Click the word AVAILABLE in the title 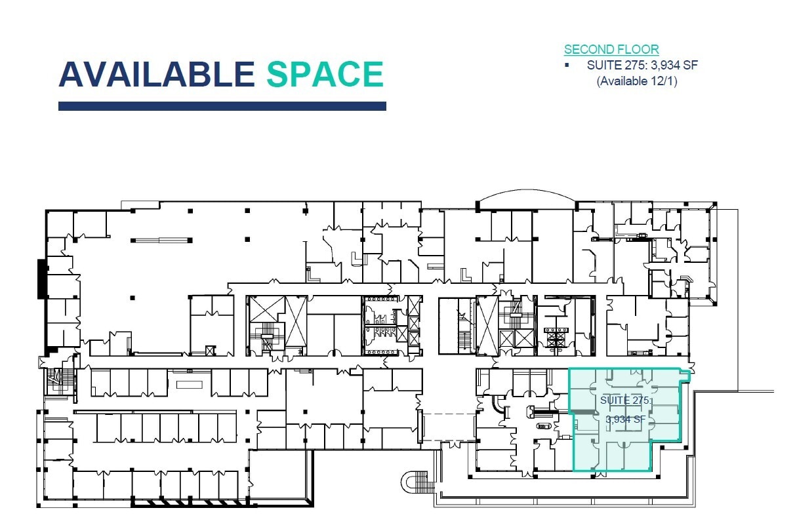click(156, 74)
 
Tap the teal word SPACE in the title click(325, 74)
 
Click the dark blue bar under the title click(222, 106)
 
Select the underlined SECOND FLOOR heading click(611, 49)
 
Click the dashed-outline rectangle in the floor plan click(449, 426)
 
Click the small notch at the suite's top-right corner click(685, 374)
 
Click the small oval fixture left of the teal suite click(543, 426)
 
